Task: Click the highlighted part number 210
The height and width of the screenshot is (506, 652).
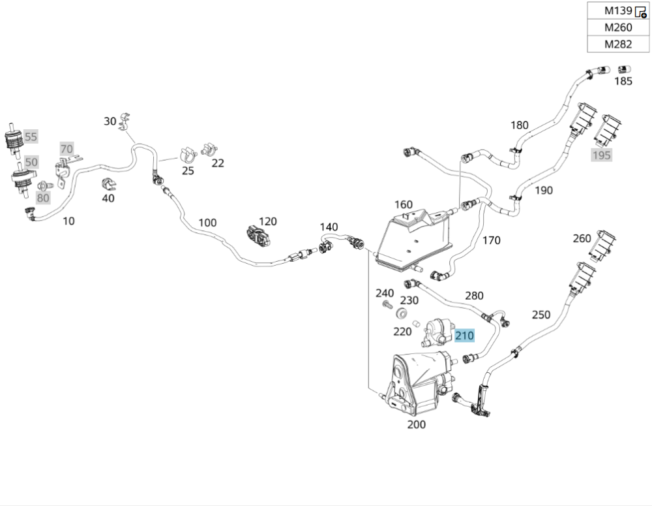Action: coord(465,336)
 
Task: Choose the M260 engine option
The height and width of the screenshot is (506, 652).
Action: coord(617,27)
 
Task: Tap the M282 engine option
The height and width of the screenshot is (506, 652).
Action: coord(617,44)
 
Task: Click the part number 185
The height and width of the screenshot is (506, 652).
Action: coord(623,82)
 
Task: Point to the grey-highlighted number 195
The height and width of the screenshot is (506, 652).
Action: coord(601,155)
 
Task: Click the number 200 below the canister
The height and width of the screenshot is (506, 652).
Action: coord(416,424)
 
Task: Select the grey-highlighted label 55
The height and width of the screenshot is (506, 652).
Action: coord(31,136)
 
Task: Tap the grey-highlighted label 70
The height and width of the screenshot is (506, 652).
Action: coord(67,149)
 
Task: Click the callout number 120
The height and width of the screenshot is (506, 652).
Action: coord(268,221)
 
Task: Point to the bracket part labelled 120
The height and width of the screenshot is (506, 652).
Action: coord(258,237)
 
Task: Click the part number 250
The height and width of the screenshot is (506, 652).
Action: coord(541,315)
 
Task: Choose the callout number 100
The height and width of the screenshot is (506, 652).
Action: coord(207,223)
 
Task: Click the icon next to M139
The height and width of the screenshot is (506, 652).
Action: coord(640,11)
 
